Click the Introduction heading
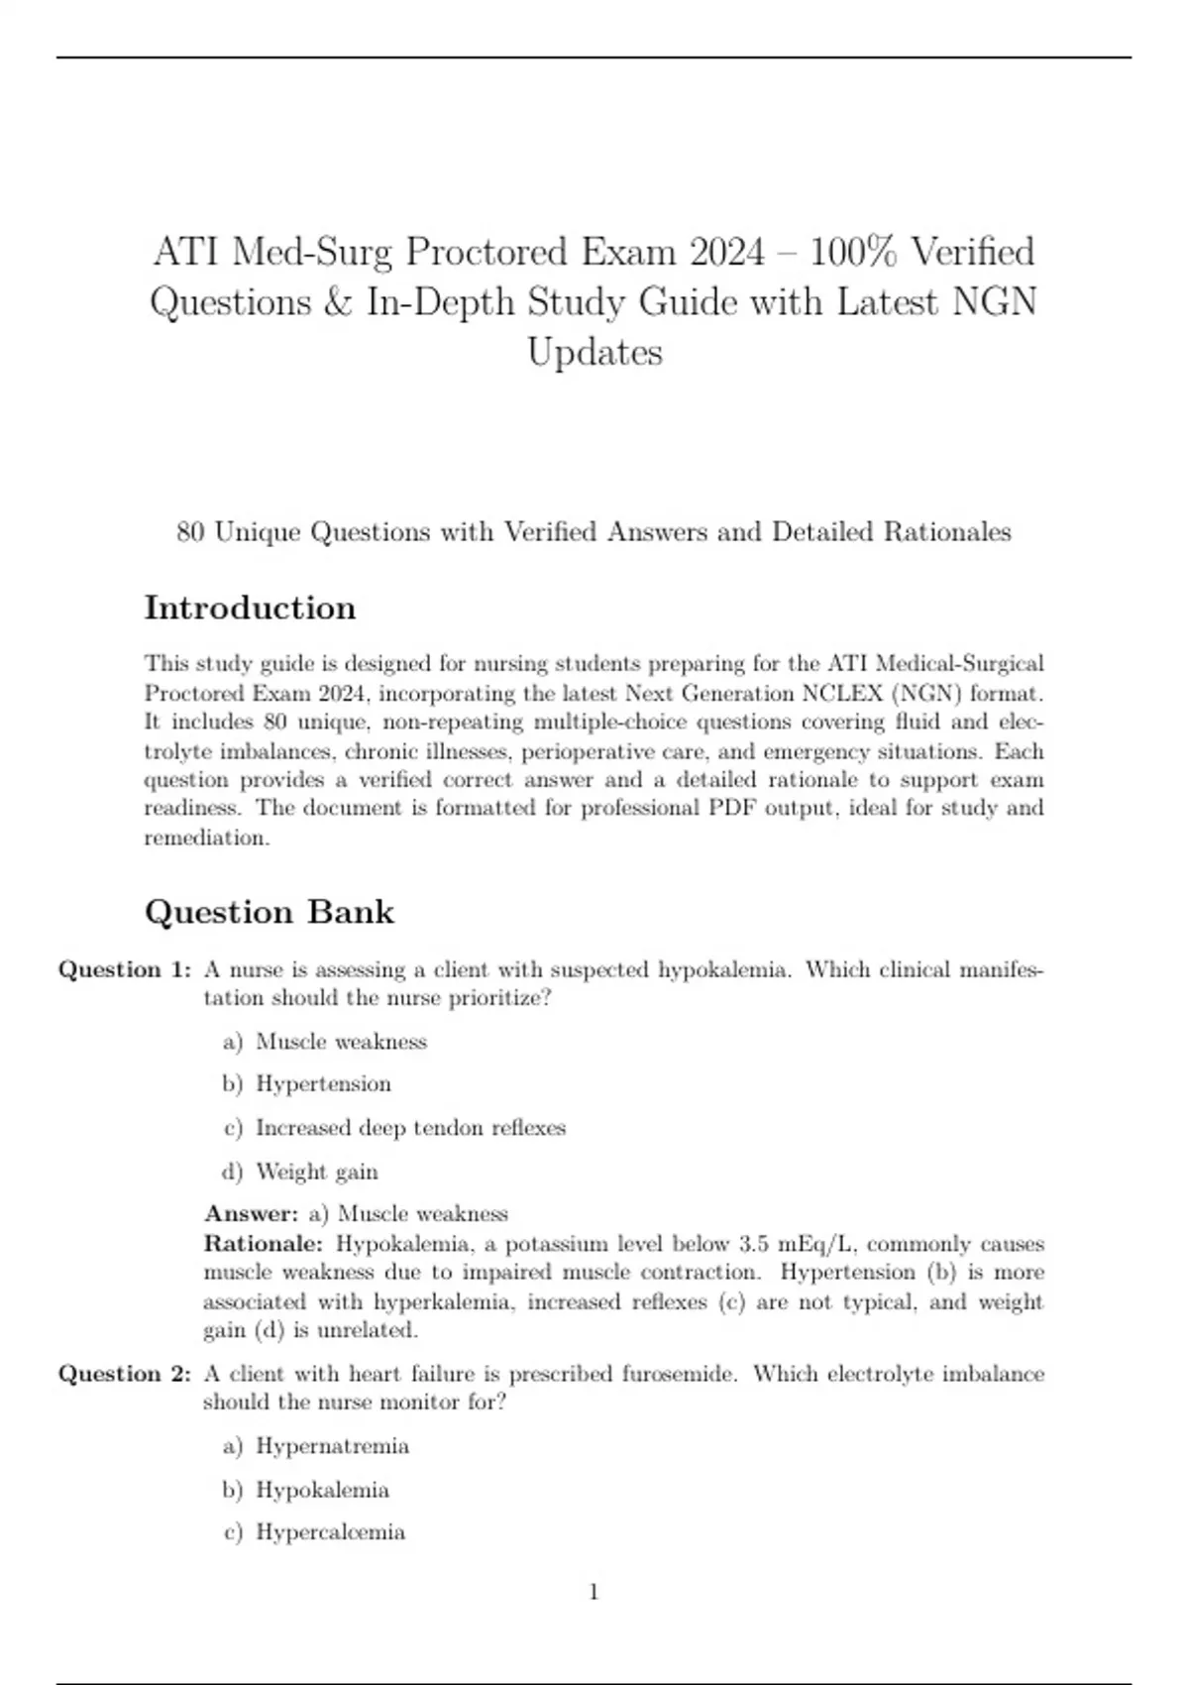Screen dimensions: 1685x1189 [250, 608]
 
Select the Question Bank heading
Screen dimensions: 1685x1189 [270, 912]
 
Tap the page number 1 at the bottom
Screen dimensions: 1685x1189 [594, 1592]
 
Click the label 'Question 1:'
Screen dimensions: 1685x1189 [125, 969]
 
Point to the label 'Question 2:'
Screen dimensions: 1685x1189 [125, 1374]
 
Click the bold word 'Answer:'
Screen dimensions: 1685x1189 [251, 1214]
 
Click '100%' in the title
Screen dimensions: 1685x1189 [853, 252]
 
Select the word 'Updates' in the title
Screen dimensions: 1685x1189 [594, 352]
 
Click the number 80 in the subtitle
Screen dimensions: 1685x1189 [190, 532]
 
